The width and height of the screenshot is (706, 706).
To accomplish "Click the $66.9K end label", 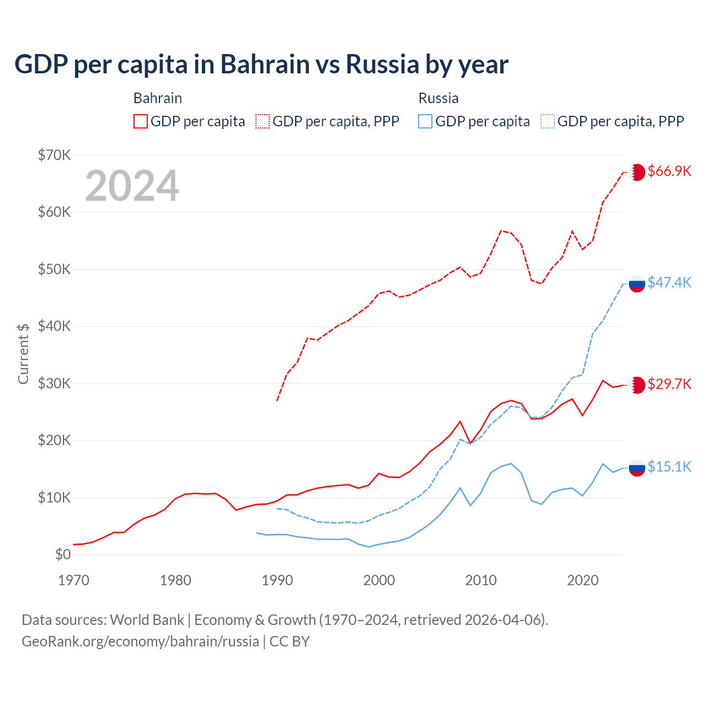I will [x=669, y=171].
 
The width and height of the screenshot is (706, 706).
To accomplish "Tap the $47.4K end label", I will [x=669, y=282].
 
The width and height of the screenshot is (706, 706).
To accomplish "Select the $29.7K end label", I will [x=669, y=384].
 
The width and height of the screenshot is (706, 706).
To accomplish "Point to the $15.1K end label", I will [x=669, y=467].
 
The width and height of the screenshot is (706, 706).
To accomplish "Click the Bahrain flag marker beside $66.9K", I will [x=637, y=172].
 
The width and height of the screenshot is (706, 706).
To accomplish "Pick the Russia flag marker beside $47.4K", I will [x=637, y=284].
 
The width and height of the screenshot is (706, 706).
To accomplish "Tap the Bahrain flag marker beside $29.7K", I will [x=637, y=385].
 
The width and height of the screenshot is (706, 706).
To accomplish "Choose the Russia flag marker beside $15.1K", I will [x=637, y=468].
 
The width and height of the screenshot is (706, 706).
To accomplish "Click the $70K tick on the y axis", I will [x=55, y=155].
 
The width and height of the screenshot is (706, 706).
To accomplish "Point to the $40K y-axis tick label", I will [x=55, y=326].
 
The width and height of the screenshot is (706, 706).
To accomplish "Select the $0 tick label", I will [x=63, y=554].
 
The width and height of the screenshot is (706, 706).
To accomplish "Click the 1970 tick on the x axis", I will [x=73, y=580].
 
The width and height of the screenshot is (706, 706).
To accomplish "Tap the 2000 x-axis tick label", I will [x=379, y=580].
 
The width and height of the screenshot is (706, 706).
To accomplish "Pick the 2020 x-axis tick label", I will [x=583, y=580].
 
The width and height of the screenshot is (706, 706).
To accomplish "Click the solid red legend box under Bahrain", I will [x=141, y=121].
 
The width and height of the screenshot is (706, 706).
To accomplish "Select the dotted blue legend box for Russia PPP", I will [x=548, y=121].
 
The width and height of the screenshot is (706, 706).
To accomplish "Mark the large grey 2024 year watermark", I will [x=132, y=186].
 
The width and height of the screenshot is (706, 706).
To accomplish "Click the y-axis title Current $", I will [x=23, y=354].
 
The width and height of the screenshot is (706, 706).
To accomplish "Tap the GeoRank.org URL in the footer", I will [x=140, y=641].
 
